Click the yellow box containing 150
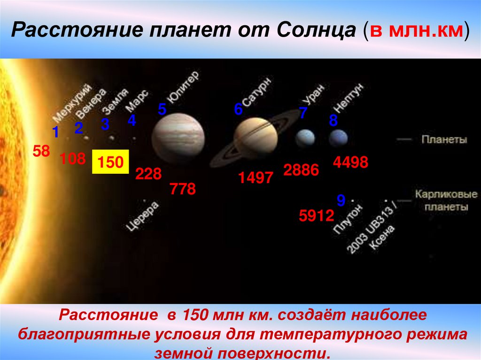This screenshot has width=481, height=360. click(x=110, y=162)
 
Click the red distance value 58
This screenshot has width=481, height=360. click(x=41, y=151)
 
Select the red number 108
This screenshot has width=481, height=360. click(x=72, y=159)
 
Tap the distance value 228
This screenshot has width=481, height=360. click(x=148, y=174)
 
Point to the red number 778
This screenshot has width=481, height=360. click(x=182, y=189)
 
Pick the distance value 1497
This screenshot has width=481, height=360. click(x=255, y=178)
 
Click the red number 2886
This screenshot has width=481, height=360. click(x=301, y=170)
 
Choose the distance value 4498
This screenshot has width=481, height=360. click(x=350, y=163)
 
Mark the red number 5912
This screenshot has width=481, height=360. click(x=317, y=216)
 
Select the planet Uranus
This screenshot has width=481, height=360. click(x=305, y=138)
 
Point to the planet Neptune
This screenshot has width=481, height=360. click(x=338, y=138)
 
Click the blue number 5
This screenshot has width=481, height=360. click(x=162, y=110)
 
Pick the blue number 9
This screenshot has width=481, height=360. click(x=341, y=201)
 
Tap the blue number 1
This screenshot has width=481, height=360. click(x=55, y=133)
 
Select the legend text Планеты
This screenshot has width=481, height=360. click(x=444, y=139)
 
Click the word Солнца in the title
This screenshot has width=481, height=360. click(x=318, y=31)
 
